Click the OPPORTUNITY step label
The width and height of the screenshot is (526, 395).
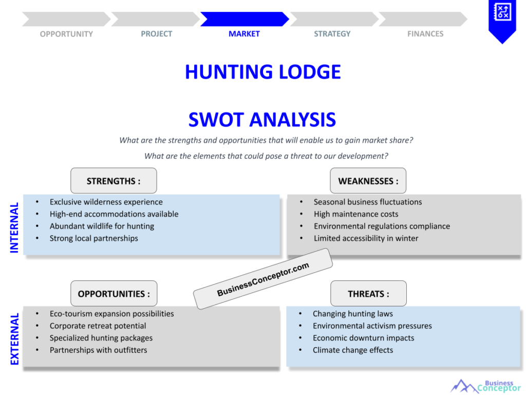[66, 34]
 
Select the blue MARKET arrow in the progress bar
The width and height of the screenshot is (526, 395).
[244, 19]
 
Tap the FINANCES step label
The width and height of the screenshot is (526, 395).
[425, 34]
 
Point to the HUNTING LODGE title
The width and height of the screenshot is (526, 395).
[262, 72]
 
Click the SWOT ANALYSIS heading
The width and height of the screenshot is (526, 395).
[262, 120]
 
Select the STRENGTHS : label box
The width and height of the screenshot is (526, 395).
[114, 181]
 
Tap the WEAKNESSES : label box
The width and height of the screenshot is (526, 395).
[368, 181]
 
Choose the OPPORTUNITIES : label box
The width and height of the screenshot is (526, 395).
[114, 294]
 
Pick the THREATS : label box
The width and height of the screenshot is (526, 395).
[368, 294]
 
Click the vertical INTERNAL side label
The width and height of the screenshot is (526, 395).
[14, 227]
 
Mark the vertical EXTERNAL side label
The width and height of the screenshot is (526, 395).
[14, 339]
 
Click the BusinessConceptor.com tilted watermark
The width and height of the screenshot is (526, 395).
[262, 279]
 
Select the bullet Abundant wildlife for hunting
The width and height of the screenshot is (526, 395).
[102, 226]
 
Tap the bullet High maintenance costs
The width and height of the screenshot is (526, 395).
[355, 214]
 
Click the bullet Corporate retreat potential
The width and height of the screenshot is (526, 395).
[98, 326]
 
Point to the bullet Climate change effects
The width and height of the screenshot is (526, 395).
[352, 350]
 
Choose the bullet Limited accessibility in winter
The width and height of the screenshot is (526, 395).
[366, 238]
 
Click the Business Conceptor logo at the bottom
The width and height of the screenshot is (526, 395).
[485, 386]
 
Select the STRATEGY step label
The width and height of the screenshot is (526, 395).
[332, 34]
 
